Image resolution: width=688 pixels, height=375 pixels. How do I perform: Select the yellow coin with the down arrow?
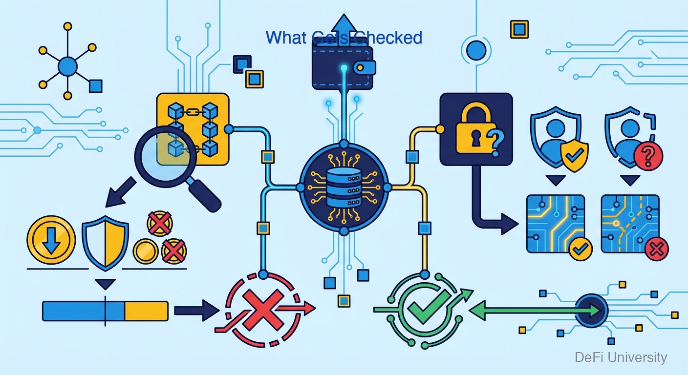click(x=51, y=241)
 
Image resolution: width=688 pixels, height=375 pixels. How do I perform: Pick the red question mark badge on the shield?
click(x=648, y=156)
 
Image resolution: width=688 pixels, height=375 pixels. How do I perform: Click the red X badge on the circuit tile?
click(x=656, y=250)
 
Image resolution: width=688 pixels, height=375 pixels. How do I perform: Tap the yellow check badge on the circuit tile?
click(x=580, y=249)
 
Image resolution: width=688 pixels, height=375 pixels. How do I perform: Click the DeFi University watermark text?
click(x=621, y=357)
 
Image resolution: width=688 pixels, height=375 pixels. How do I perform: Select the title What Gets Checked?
click(x=344, y=38)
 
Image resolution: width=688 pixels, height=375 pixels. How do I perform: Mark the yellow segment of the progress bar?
click(x=146, y=311)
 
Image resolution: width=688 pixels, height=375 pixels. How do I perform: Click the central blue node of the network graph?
click(x=67, y=65)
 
